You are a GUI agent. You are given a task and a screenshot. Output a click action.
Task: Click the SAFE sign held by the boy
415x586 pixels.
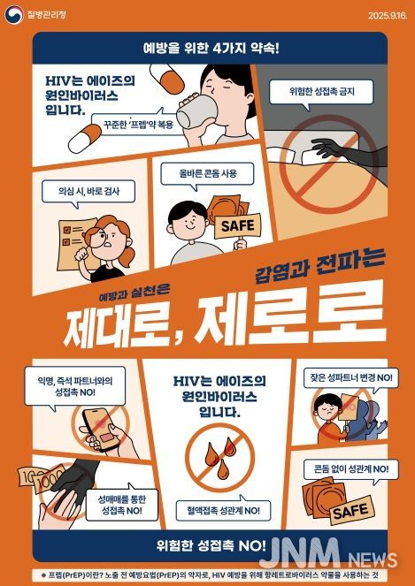(x=236, y=225)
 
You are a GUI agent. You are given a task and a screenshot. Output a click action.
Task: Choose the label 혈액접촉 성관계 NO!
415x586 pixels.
(x=218, y=511)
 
